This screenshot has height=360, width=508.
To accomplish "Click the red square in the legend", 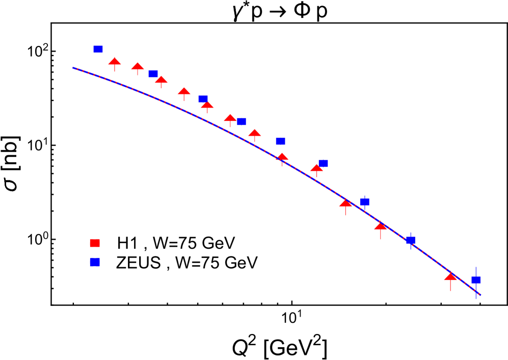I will (x=95, y=243).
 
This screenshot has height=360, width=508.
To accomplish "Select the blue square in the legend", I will (x=95, y=262).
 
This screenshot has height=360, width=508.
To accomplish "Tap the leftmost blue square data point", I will (x=98, y=49).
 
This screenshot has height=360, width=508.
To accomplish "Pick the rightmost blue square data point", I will (x=476, y=280).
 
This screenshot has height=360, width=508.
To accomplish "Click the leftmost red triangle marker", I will (x=115, y=61).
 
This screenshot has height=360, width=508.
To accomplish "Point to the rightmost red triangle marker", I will (x=450, y=276).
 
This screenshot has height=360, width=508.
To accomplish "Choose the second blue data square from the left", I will (x=153, y=74).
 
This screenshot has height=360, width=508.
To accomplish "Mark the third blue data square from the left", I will (x=203, y=99).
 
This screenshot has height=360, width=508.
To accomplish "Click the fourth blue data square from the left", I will (x=242, y=121).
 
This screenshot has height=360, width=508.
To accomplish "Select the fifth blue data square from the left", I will (x=280, y=141).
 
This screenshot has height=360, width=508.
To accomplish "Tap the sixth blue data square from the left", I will (x=323, y=163).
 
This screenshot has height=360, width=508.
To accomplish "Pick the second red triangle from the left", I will (x=138, y=66).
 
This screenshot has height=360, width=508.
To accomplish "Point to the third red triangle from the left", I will (x=161, y=80).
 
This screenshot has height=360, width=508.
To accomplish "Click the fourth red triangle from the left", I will (x=184, y=91).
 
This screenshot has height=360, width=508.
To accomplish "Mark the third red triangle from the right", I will (x=345, y=203).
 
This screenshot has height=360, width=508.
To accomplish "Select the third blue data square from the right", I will (x=364, y=202).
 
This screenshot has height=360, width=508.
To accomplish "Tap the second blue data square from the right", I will (x=411, y=240).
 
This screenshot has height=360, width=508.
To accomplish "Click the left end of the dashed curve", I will (x=73, y=67).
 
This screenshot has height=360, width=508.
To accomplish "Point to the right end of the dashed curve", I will (x=480, y=295).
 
